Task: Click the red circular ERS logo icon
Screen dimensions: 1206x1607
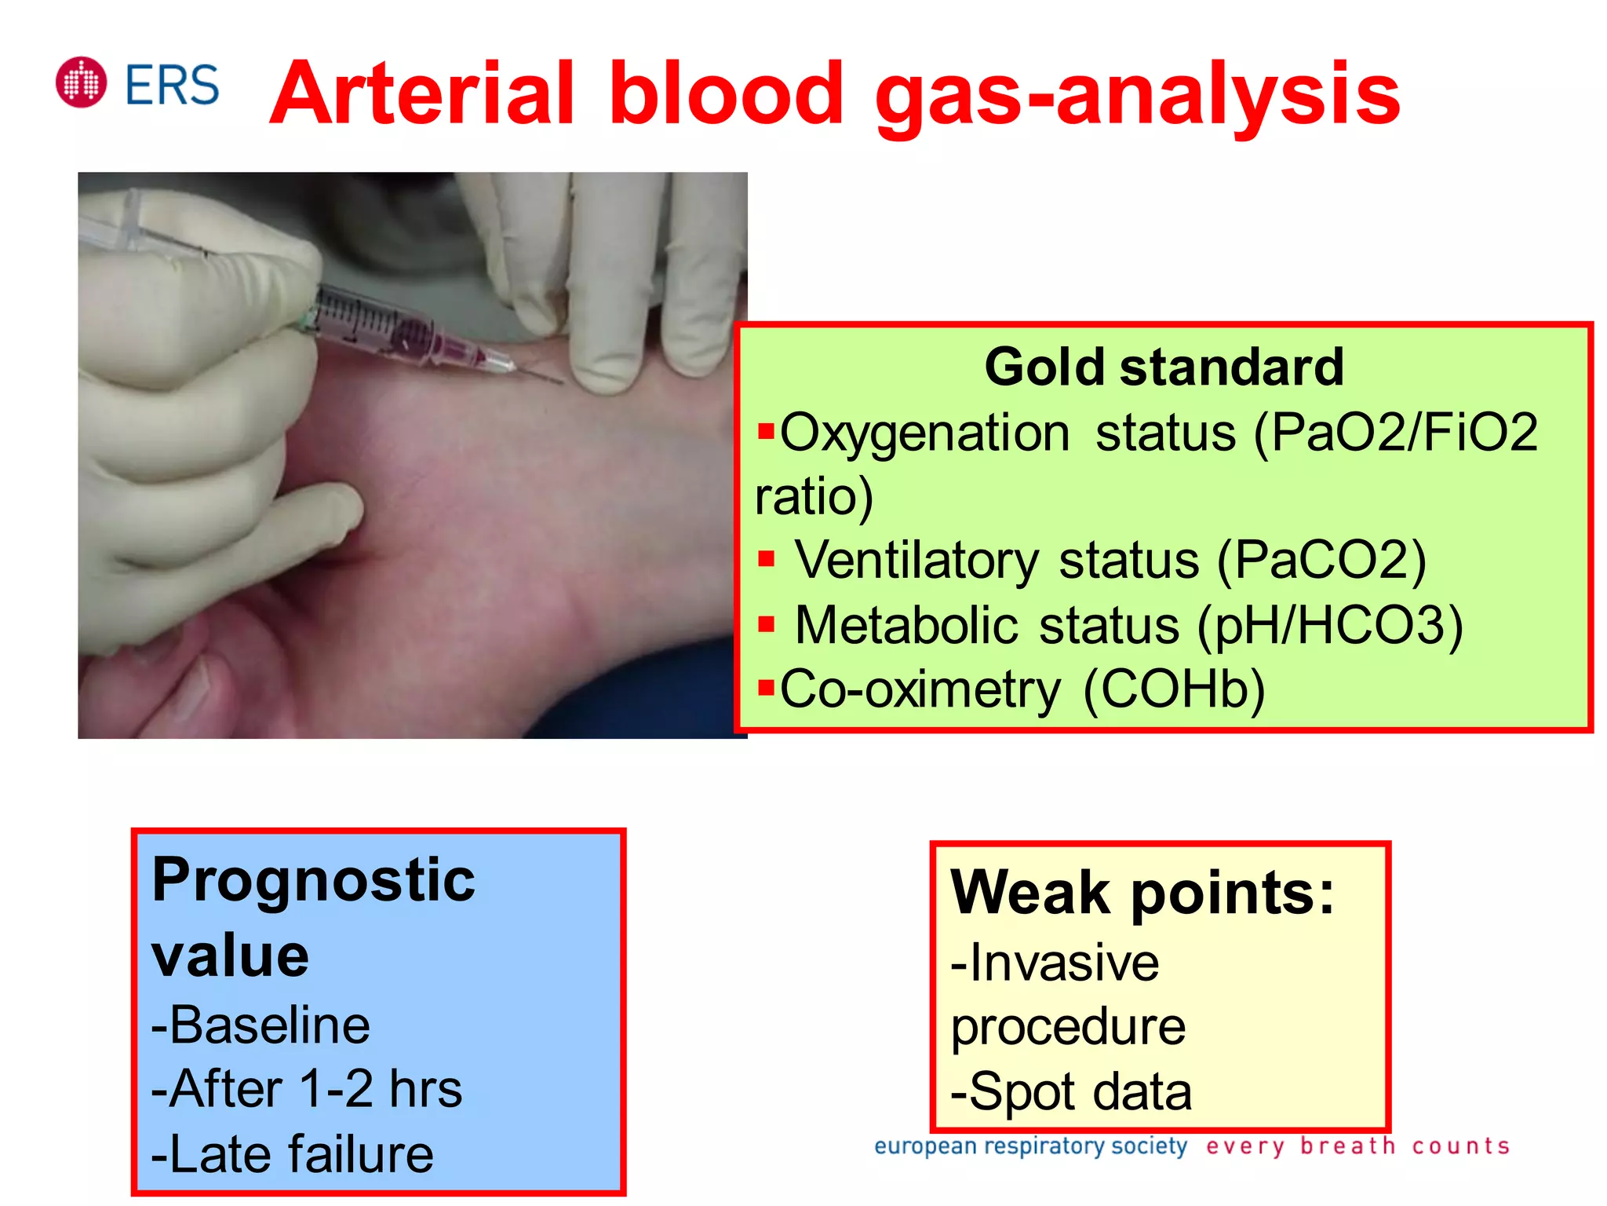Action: click(81, 82)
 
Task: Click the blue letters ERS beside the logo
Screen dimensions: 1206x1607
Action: click(172, 85)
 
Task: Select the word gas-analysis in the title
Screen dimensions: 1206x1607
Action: click(1137, 96)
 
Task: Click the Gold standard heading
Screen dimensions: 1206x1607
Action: click(1164, 367)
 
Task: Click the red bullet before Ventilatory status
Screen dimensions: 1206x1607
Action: click(767, 560)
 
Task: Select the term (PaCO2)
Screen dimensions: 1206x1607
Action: click(1321, 561)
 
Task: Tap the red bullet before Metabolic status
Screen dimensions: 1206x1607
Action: click(767, 625)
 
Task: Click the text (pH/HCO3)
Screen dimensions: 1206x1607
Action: click(1330, 626)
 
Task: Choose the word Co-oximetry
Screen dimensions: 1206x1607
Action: click(920, 689)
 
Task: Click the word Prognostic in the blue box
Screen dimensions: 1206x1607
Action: click(313, 880)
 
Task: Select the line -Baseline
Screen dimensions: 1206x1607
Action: click(261, 1025)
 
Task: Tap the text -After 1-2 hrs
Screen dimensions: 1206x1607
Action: click(307, 1089)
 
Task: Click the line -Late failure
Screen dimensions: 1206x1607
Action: click(292, 1153)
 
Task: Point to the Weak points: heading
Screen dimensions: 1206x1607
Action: click(1142, 893)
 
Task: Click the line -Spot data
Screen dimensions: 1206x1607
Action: click(1071, 1091)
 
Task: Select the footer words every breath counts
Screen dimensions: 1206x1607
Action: click(1357, 1146)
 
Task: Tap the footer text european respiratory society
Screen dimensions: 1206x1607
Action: click(1030, 1146)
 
